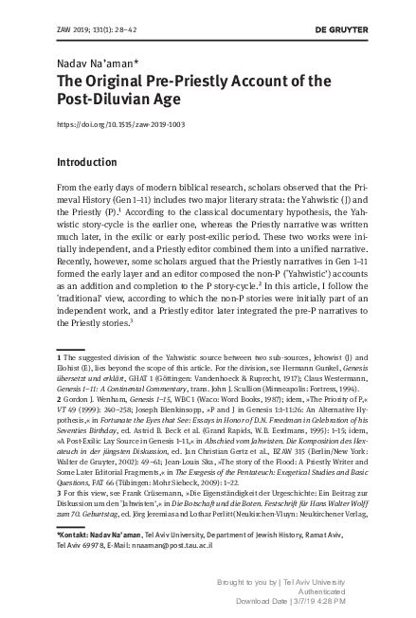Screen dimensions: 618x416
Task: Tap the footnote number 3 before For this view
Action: [61, 520]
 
